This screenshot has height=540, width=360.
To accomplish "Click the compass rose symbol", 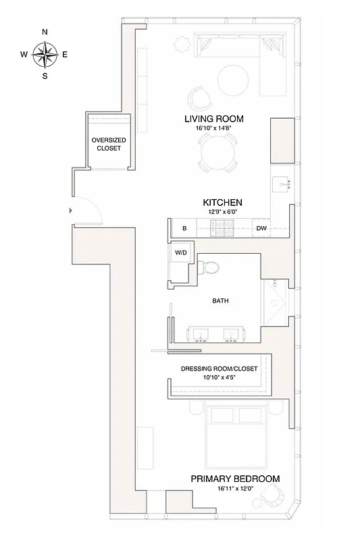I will (45, 54).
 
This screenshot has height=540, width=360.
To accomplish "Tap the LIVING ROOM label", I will (214, 119).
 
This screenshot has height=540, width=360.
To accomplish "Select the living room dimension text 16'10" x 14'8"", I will (214, 128).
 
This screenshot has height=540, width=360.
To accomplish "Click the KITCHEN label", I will (222, 202).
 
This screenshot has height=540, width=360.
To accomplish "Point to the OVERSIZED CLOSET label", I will (109, 144).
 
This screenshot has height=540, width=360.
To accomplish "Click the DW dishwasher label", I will (261, 229).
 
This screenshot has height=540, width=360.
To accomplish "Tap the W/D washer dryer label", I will (180, 252).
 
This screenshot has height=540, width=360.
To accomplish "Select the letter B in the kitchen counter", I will (184, 229).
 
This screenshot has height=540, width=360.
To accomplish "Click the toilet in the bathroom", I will (210, 268).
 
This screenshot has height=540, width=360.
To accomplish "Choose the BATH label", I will (219, 301).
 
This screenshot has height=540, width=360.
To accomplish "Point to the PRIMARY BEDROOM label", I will (235, 479).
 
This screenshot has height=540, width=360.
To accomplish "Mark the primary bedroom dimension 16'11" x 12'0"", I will (235, 488).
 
